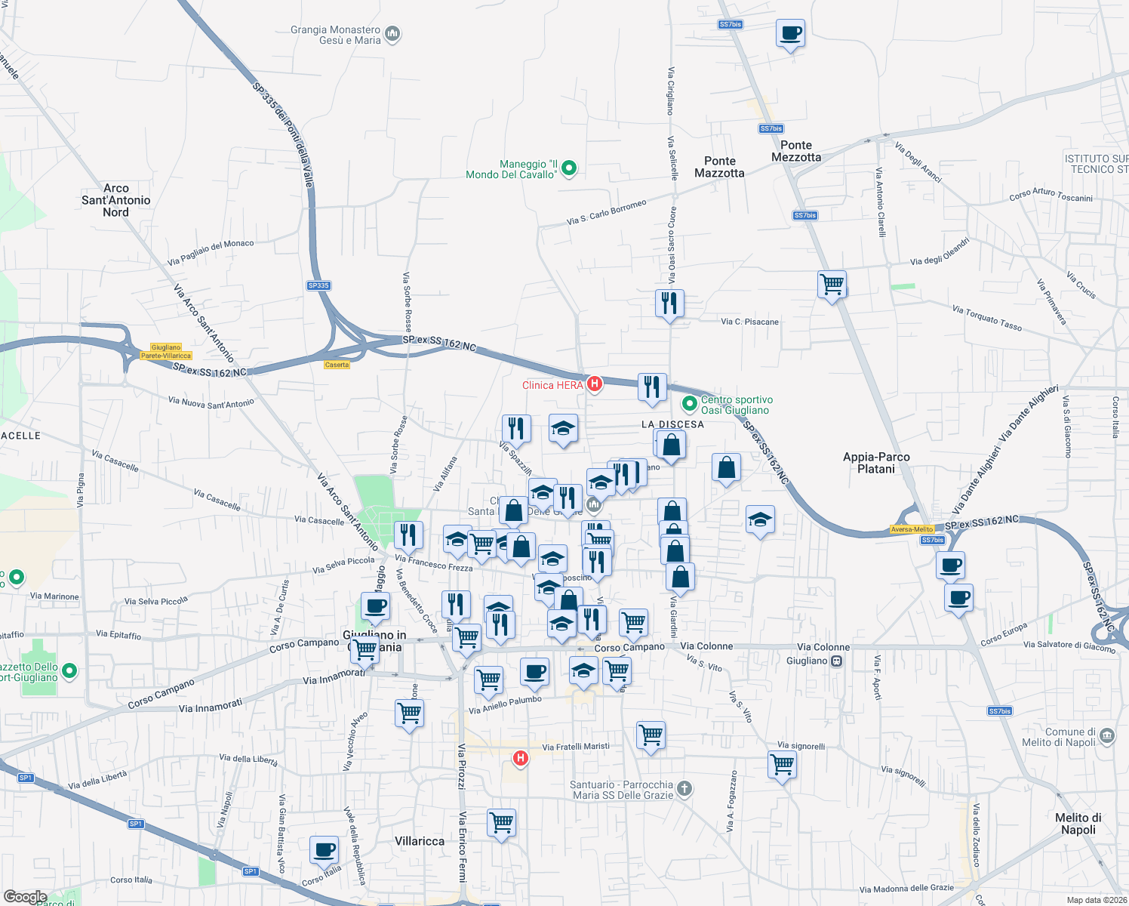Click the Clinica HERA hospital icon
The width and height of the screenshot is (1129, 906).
pos(594,384)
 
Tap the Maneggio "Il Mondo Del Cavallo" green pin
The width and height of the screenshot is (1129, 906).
pos(570,168)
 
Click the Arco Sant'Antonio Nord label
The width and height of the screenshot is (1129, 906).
pos(116,200)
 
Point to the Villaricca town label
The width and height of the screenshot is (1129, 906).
pos(420,841)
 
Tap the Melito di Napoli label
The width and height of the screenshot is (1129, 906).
pos(1078,824)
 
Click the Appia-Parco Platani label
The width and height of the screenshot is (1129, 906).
pos(876,463)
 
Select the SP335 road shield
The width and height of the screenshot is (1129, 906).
pos(318,285)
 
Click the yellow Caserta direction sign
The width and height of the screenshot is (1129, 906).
pos(337,365)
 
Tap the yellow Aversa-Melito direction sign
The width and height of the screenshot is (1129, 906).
pos(912,529)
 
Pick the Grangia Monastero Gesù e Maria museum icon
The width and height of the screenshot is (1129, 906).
pos(392,34)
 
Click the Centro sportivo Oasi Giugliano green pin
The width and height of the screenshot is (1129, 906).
pos(689,404)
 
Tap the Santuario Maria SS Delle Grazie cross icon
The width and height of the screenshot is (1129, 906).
pos(684,789)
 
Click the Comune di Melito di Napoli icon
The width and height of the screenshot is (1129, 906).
pos(1106,735)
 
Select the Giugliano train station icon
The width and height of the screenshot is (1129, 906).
pos(836,661)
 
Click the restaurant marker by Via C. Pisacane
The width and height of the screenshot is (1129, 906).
pos(669,304)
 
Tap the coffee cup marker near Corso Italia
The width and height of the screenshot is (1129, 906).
pos(325,850)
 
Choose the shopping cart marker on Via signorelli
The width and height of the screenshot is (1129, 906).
pos(783,765)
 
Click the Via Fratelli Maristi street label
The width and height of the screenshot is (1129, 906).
pos(576,747)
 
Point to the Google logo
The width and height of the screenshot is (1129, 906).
pos(26,897)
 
